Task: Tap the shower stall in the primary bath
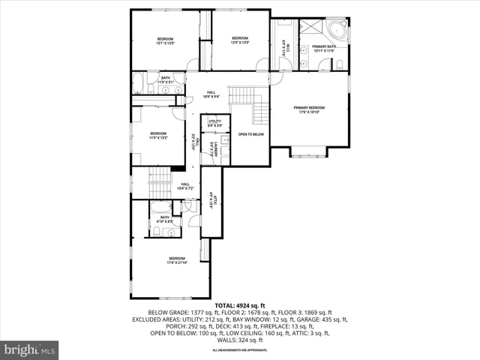pos(310,26)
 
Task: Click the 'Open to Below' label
pos(250,134)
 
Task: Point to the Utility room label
pos(214,122)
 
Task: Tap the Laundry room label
pos(214,148)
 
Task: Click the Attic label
pos(214,200)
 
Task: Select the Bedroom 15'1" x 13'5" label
pos(165,40)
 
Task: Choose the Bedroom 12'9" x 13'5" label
pos(239,40)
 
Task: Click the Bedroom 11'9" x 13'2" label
pos(157,135)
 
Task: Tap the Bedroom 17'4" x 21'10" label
pos(172,260)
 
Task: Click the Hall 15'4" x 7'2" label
pos(184,187)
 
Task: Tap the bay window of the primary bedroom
pos(308,153)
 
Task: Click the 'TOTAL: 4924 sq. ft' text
pos(239,305)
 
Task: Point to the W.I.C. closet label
pos(284,48)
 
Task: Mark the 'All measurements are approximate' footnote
pos(239,350)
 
